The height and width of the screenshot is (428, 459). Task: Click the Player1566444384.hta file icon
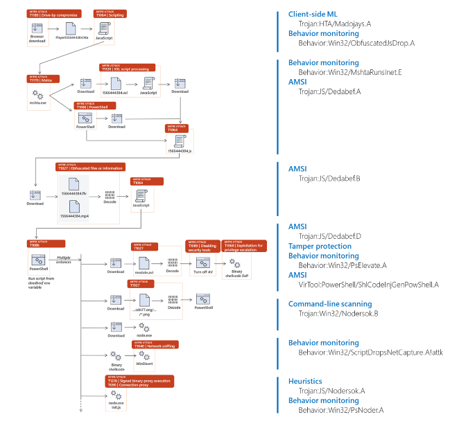(x=71, y=28)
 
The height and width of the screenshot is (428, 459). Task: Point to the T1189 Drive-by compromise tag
(x=47, y=13)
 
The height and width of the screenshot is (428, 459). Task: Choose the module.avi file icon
(x=144, y=262)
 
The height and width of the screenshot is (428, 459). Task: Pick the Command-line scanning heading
(x=329, y=303)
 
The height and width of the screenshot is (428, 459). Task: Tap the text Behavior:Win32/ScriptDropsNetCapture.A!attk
(x=370, y=352)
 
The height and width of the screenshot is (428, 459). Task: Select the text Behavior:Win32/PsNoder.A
(x=340, y=410)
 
